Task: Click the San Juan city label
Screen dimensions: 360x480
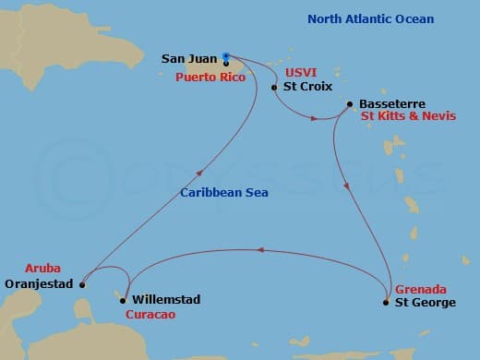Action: pos(189,58)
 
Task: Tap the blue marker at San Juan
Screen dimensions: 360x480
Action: pos(226,55)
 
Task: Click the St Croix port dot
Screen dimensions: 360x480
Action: pos(274,88)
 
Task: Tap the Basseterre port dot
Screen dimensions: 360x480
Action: pos(350,104)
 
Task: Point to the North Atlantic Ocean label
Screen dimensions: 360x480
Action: pos(370,19)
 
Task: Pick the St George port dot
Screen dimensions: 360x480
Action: pos(385,302)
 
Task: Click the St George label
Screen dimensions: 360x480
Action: pos(425,302)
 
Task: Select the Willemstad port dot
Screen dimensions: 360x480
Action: pos(124,299)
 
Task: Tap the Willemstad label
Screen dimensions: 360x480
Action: pos(166,300)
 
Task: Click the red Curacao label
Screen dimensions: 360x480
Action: pos(150,315)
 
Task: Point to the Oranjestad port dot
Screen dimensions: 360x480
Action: pos(82,284)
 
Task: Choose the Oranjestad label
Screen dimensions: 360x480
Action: pos(38,284)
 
